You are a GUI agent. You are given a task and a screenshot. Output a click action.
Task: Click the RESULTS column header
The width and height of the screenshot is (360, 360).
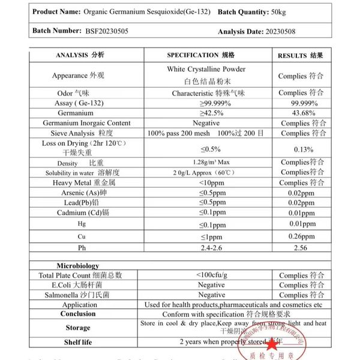pos(301,55)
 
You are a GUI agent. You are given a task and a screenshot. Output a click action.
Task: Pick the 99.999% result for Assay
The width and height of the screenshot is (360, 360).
pos(300,103)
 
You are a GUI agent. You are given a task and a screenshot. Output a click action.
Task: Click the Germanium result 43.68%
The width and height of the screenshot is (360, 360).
pos(300,113)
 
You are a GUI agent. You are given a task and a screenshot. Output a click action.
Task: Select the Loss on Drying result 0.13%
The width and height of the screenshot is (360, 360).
pos(300,149)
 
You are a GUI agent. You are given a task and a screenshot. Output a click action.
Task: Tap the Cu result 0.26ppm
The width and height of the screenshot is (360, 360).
pos(300,236)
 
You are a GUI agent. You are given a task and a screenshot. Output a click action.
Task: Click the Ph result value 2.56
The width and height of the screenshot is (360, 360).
pos(300,248)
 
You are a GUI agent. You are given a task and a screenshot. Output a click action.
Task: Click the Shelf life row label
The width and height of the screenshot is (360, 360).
pos(78,342)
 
